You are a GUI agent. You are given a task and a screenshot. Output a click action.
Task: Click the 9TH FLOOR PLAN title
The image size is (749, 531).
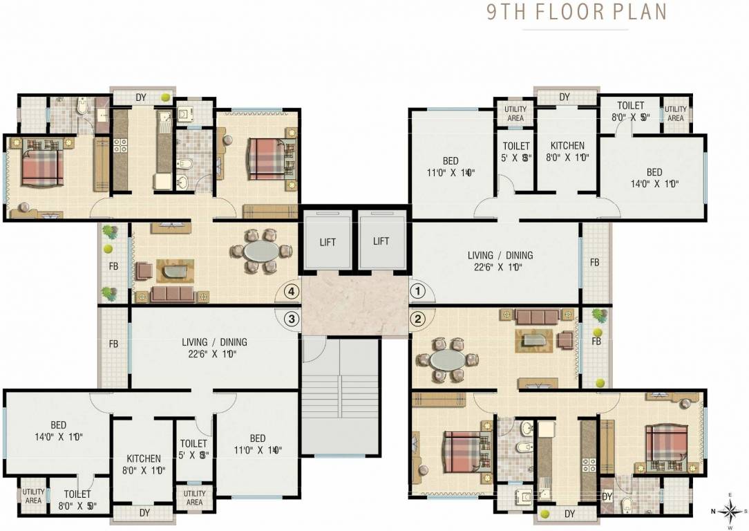[x=576, y=12]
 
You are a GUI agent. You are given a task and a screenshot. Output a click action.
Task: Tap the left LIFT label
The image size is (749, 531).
[x=328, y=241]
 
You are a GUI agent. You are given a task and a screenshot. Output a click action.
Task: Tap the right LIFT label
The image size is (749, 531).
[x=381, y=241]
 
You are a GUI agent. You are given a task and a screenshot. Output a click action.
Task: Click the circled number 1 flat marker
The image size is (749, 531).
[x=418, y=292]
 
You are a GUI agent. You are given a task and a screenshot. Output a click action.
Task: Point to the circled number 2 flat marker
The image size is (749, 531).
[x=418, y=319]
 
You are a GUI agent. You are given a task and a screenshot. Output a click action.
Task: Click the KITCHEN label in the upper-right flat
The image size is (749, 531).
[x=567, y=146]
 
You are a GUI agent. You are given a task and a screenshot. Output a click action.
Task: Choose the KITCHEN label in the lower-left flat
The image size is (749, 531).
[x=144, y=458]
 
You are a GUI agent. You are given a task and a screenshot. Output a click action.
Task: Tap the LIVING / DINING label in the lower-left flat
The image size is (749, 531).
[x=214, y=342]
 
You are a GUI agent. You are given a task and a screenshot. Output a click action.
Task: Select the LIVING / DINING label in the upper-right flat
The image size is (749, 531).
[x=500, y=255]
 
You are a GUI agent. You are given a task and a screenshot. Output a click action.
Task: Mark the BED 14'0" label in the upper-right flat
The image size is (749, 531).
[x=654, y=172]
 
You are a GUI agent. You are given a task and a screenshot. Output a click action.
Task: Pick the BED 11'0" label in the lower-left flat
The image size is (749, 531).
[x=257, y=438]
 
